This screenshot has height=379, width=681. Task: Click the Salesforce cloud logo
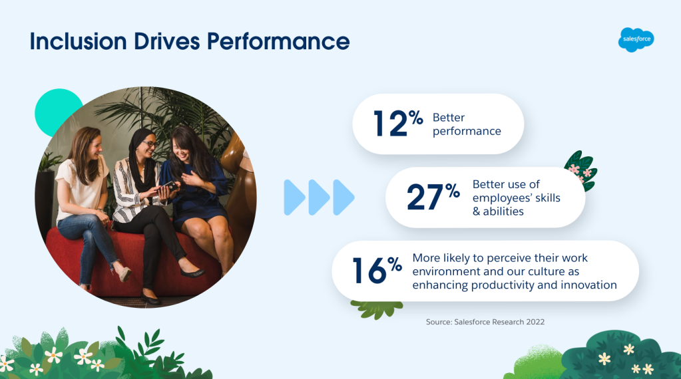pos(636,39)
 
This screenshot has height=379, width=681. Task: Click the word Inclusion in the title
pos(78,42)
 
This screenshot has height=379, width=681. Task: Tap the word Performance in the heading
pos(278,42)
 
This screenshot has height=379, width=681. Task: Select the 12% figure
pos(398,123)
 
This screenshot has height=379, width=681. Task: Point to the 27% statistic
pos(433,197)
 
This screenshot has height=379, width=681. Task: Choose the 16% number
pos(377,271)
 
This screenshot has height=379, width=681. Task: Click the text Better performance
pos(467,124)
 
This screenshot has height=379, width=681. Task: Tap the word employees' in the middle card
pos(502,197)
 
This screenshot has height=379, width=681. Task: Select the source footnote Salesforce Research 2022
pos(485,322)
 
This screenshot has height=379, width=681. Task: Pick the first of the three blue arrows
pos(294,197)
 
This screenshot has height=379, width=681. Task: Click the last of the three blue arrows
pos(343,197)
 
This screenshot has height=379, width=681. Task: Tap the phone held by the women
pos(168,186)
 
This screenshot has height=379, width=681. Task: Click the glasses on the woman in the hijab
pos(149,144)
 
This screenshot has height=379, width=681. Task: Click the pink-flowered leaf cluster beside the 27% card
pos(581,171)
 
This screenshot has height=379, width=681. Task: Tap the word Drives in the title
pos(167,42)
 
